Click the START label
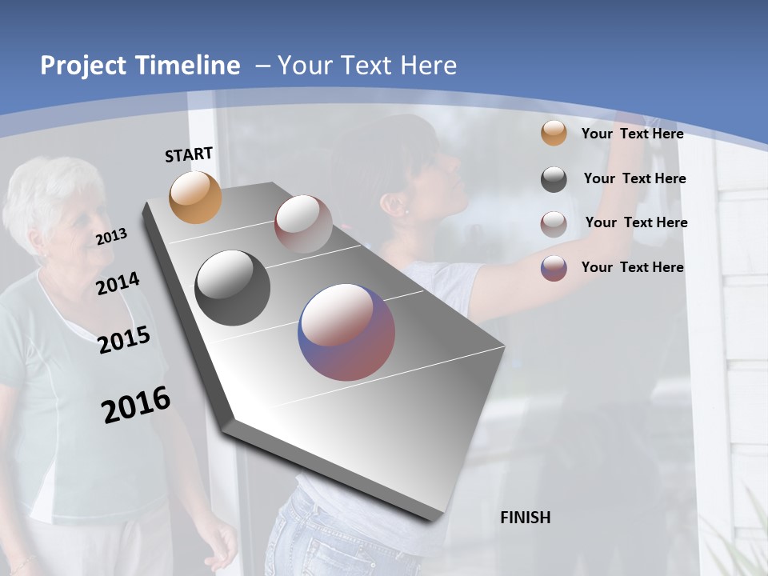pos(189,154)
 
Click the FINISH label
pos(525,518)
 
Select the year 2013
pos(111,237)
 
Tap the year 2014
pos(118,283)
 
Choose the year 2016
pos(136,405)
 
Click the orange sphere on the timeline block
pos(195,197)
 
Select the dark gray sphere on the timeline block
pos(232,288)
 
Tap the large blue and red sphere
pos(346,332)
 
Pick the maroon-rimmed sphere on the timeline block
pos(303,224)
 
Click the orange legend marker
pos(554,134)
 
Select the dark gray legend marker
pos(554,179)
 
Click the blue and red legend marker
pos(554,268)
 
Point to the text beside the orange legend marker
pos(632,134)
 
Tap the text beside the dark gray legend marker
pos(634,178)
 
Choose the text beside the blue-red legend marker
pos(632,267)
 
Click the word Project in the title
pos(82,66)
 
